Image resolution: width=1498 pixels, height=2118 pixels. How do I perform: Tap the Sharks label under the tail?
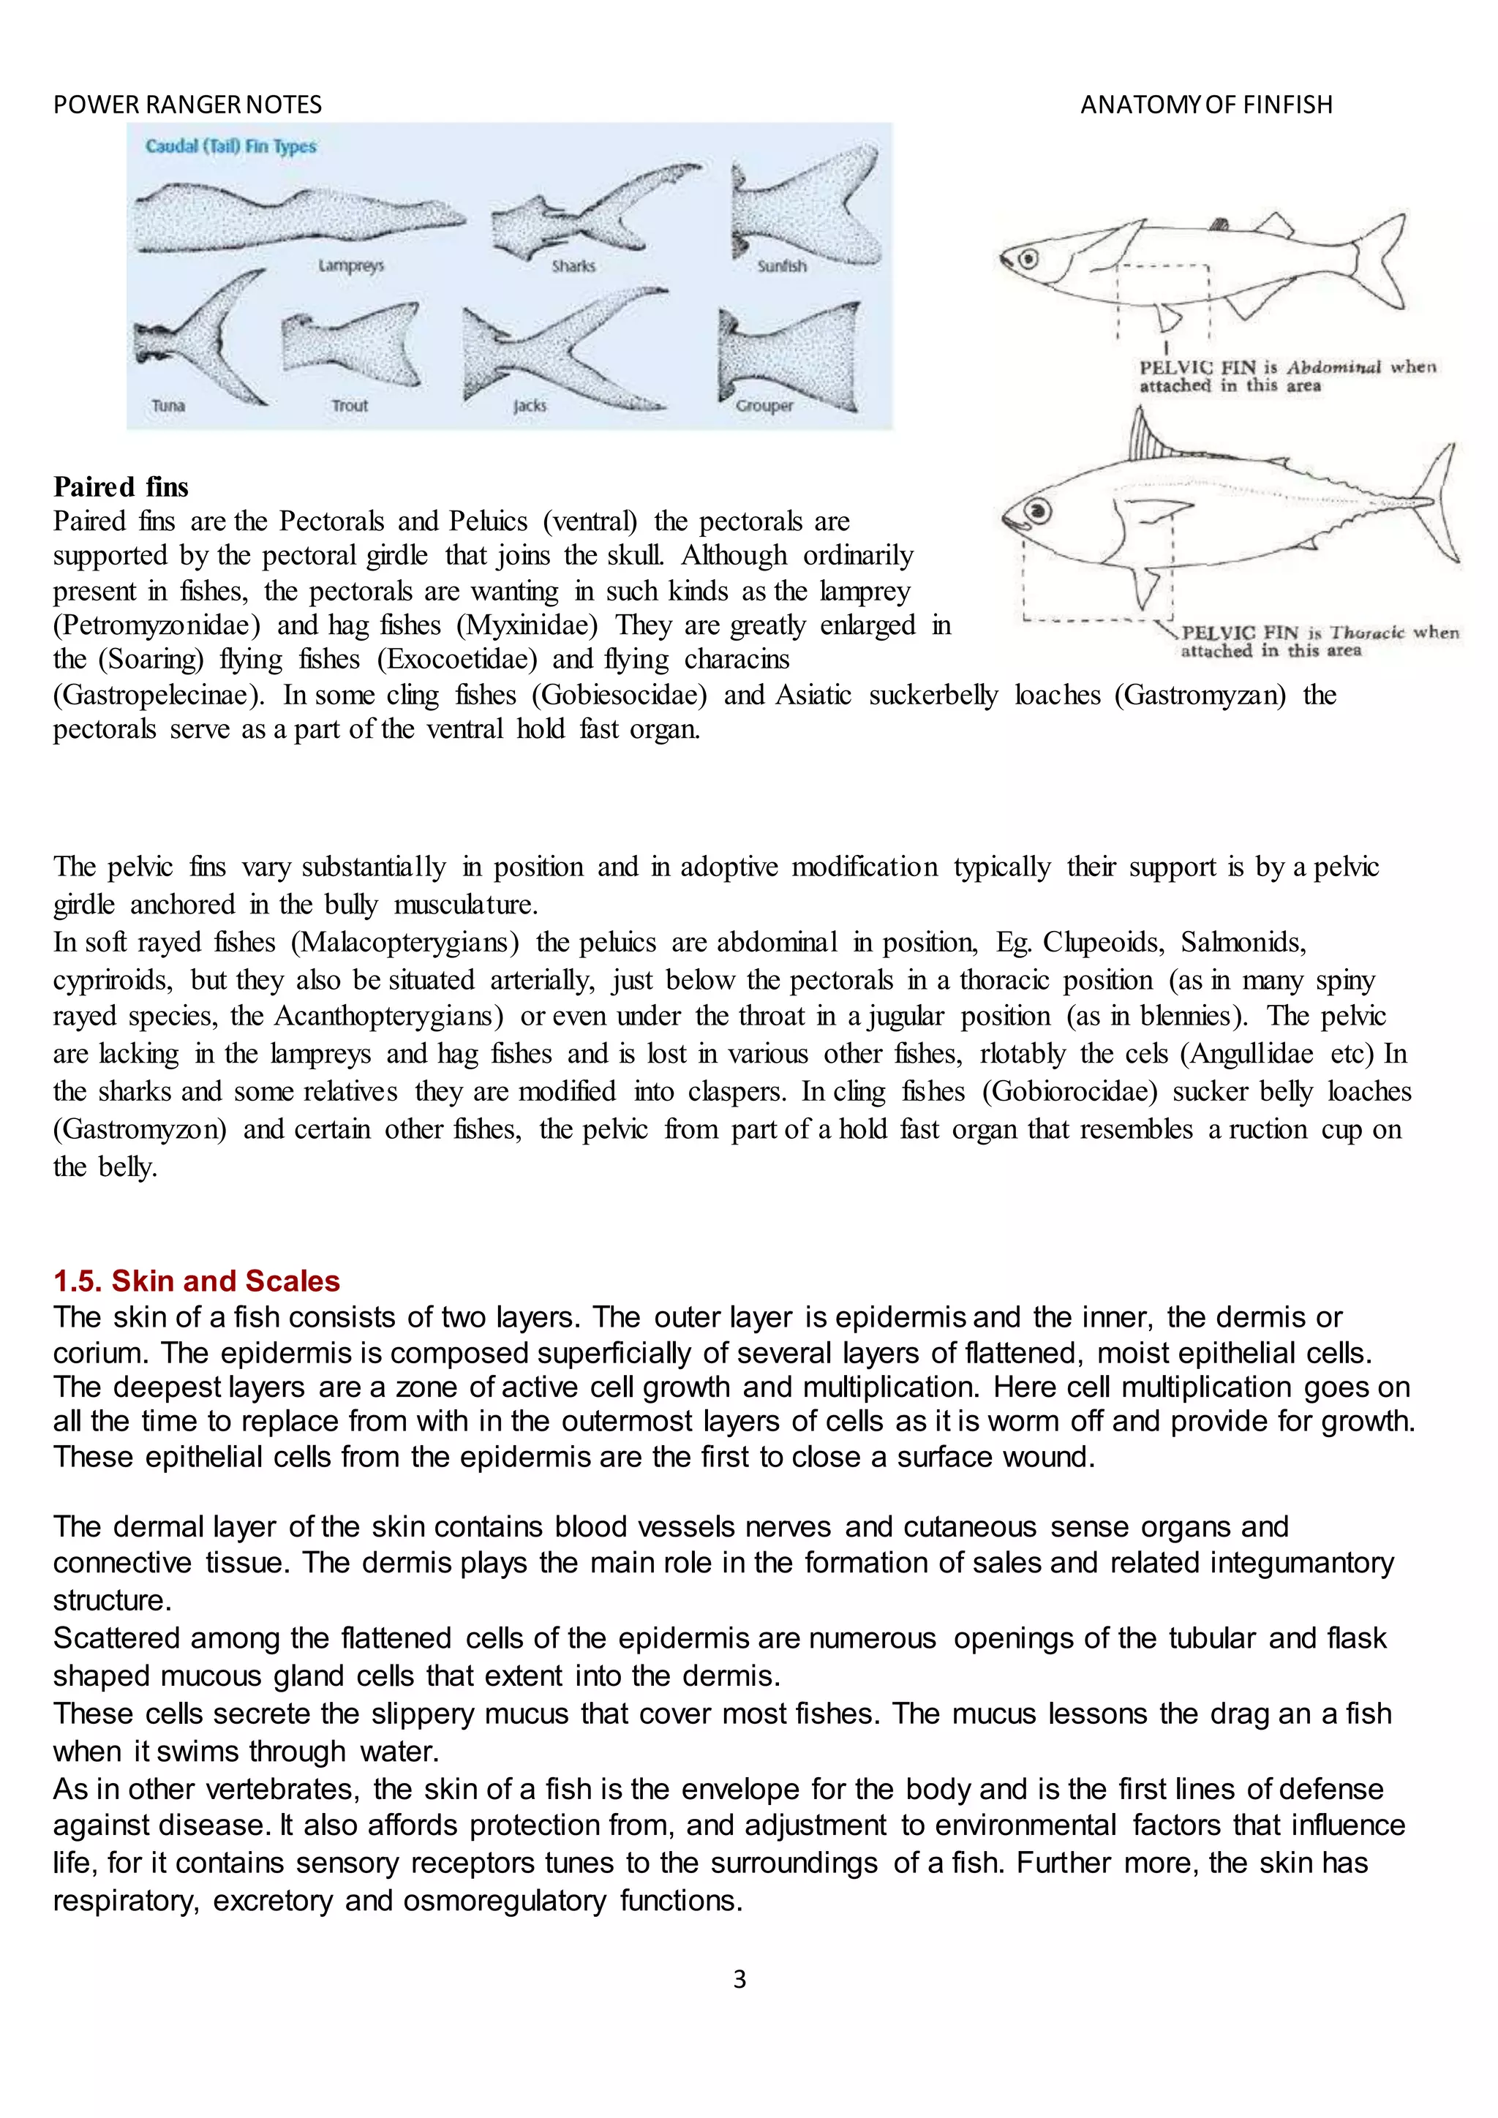click(573, 265)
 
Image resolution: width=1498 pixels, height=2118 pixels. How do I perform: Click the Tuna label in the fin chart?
click(168, 406)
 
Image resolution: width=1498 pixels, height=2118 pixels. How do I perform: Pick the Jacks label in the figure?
click(530, 406)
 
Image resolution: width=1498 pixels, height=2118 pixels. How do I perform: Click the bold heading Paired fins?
click(121, 486)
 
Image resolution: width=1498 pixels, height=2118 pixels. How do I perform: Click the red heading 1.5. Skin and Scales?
click(197, 1281)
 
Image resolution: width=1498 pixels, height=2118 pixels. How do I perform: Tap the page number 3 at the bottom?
click(739, 1979)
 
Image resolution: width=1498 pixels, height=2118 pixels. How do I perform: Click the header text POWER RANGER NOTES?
click(187, 105)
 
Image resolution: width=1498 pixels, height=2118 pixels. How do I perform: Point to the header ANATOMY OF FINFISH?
click(1205, 105)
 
